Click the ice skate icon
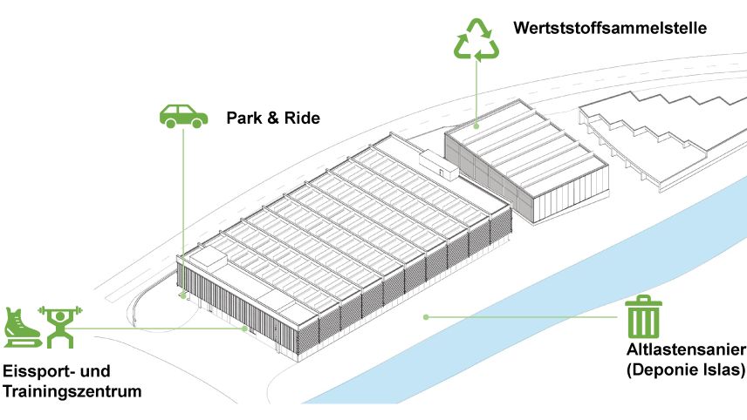[x=18, y=326]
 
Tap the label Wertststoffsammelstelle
[x=610, y=28]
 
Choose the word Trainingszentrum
[x=72, y=392]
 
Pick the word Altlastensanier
[x=686, y=351]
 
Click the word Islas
[x=723, y=371]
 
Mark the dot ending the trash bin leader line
[x=426, y=316]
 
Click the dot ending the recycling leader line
[x=476, y=127]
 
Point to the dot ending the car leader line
[x=183, y=296]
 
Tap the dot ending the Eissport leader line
[x=245, y=329]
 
